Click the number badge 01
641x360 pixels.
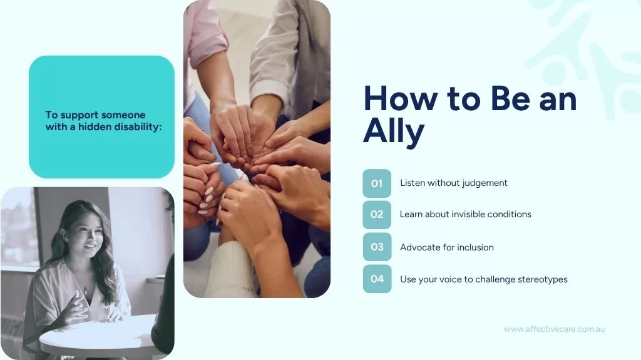point(377,183)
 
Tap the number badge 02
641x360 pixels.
point(377,214)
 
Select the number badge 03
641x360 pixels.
point(377,247)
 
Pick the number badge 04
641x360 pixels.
point(377,279)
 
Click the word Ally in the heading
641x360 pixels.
point(394,131)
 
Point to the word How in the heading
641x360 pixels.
point(401,98)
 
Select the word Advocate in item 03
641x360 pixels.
point(418,247)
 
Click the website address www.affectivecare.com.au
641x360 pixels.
point(555,329)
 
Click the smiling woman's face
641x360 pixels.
point(86,237)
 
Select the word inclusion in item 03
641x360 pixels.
point(475,247)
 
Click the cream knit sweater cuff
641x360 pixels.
point(230,270)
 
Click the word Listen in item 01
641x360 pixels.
point(413,183)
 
